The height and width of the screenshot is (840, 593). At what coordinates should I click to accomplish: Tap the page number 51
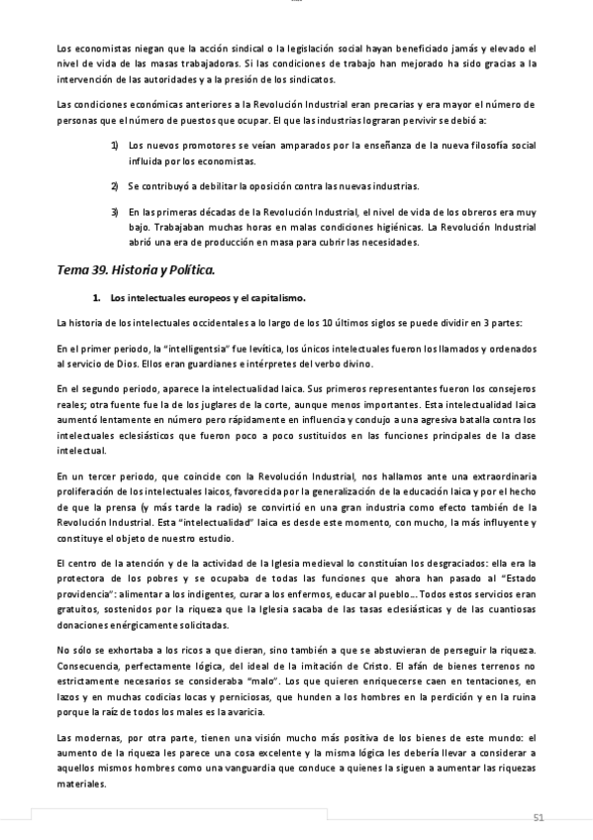pyautogui.click(x=539, y=817)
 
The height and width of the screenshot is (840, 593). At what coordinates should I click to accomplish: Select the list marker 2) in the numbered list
pyautogui.click(x=115, y=185)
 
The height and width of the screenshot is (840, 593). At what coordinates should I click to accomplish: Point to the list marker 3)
pyautogui.click(x=115, y=211)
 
